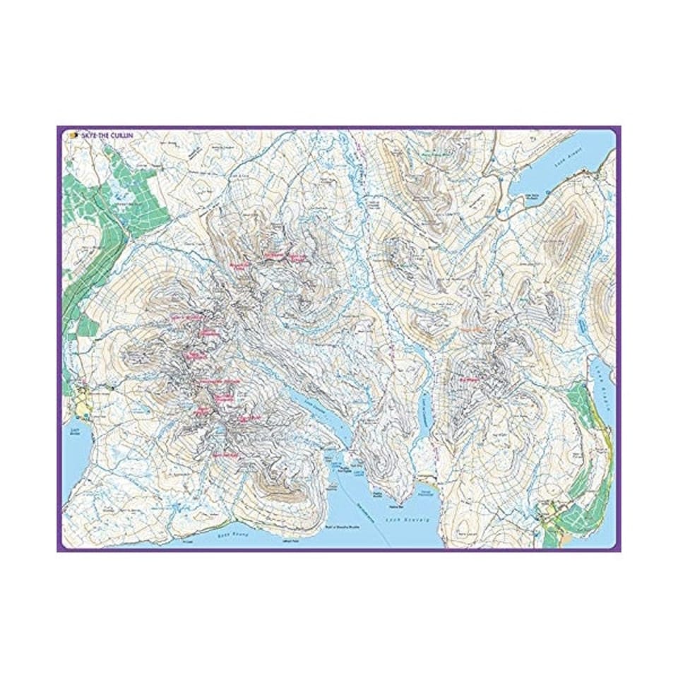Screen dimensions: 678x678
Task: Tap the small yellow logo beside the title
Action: (x=73, y=135)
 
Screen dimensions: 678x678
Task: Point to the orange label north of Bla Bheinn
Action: (x=469, y=329)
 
